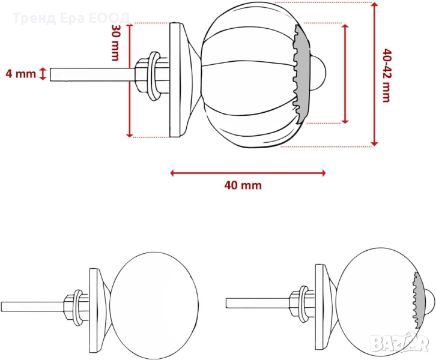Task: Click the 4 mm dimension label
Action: [x=21, y=74]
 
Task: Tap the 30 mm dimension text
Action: [x=115, y=43]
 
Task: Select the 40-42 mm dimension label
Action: [x=387, y=76]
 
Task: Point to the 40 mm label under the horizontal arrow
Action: [x=243, y=185]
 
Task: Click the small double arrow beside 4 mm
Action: [x=43, y=74]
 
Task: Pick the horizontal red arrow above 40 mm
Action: [x=248, y=173]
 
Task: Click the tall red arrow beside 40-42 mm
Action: [x=375, y=74]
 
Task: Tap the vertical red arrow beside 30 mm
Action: [x=130, y=80]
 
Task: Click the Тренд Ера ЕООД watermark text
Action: [x=71, y=18]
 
